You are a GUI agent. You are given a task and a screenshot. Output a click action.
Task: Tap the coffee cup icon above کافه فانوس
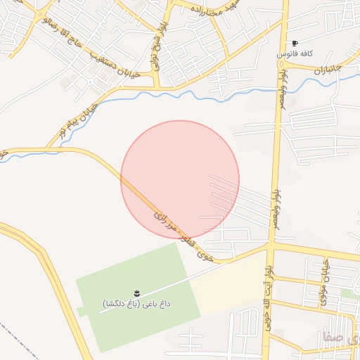295,43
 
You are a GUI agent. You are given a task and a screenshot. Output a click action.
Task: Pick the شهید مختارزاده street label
214,11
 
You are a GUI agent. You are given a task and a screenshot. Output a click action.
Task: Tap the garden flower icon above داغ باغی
136,292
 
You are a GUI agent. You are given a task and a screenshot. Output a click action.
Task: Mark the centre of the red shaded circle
180,179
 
